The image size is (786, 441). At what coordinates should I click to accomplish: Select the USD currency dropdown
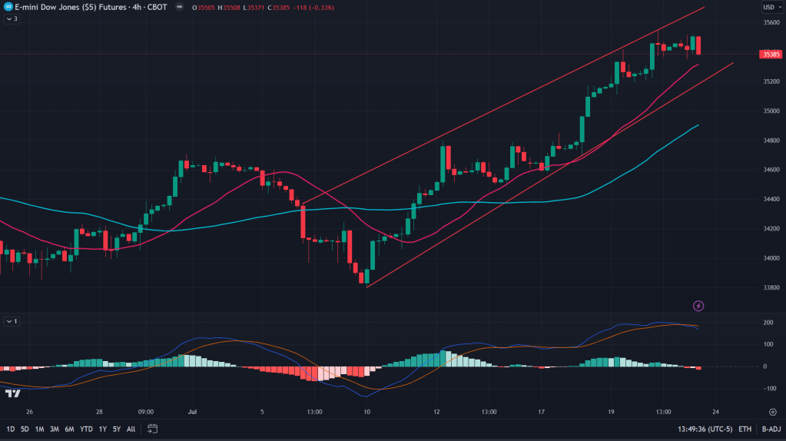(x=768, y=7)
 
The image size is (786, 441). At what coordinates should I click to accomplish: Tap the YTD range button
(x=85, y=429)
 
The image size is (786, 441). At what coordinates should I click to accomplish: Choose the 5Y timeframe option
(x=116, y=429)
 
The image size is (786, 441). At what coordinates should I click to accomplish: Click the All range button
(x=131, y=429)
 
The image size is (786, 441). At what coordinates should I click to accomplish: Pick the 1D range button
(x=11, y=429)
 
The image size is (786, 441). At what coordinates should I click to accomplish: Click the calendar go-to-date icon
(x=152, y=429)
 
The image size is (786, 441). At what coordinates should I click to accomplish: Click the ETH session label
(x=745, y=429)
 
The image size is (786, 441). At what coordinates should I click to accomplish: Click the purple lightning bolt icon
(x=698, y=306)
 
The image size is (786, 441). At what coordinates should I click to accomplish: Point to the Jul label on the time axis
(x=193, y=411)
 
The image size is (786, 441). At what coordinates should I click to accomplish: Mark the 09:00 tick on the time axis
(x=146, y=411)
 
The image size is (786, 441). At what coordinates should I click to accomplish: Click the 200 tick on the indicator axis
(x=768, y=322)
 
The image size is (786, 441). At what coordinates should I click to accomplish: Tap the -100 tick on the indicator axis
(x=768, y=388)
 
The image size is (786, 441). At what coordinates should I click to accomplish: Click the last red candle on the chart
(x=698, y=45)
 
